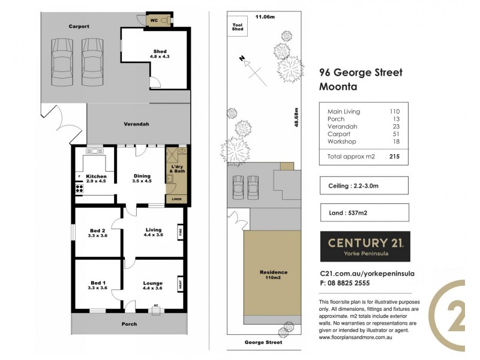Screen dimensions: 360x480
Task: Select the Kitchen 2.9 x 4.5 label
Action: [x=95, y=178]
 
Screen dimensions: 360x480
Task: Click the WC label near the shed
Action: [x=154, y=20]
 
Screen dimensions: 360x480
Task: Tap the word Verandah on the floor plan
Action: [x=137, y=124]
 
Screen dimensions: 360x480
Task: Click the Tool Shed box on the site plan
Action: [x=238, y=28]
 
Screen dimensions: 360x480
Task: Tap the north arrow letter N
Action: [x=242, y=59]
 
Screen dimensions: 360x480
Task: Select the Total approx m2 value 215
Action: [x=394, y=157]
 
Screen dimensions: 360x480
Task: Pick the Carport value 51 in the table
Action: [x=394, y=134]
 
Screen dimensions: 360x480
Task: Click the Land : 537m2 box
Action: [x=364, y=212]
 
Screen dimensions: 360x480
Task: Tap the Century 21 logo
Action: [x=365, y=246]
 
